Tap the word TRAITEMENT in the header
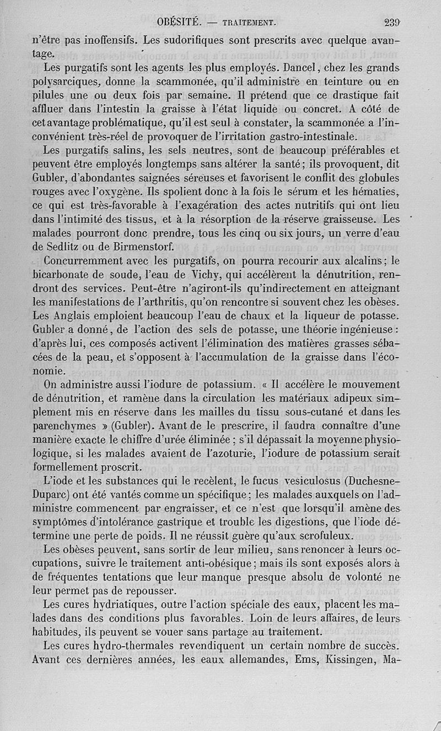click(x=249, y=23)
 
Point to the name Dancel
click(x=297, y=69)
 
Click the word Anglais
click(x=71, y=317)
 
